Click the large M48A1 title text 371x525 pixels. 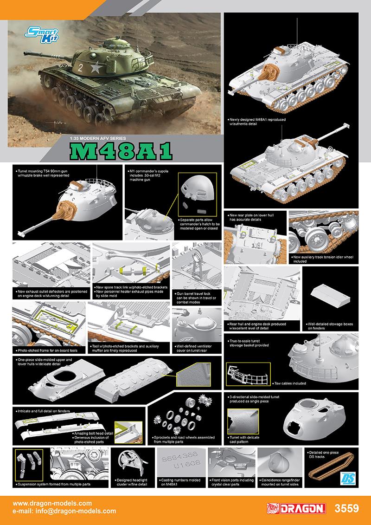tap(121, 151)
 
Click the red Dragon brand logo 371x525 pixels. tap(296, 509)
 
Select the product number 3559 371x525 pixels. tap(346, 509)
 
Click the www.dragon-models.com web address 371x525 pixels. tap(52, 503)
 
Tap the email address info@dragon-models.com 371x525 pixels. tap(64, 511)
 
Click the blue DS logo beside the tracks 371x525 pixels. tap(346, 479)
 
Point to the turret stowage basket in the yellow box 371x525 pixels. tap(248, 373)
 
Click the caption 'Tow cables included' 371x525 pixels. tap(289, 383)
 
